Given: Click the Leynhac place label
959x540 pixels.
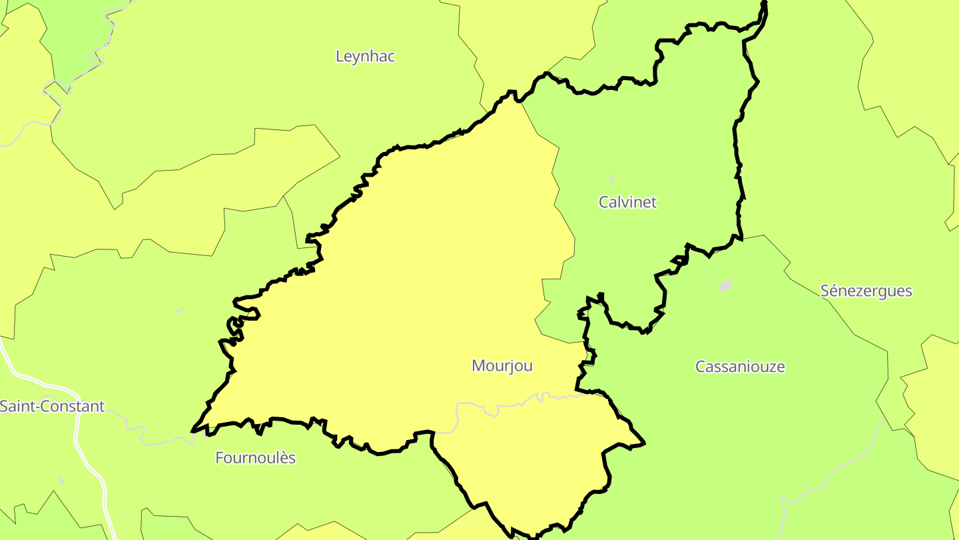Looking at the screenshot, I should (365, 57).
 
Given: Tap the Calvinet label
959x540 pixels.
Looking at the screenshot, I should (627, 202).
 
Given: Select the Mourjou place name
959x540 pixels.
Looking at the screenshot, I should (502, 366).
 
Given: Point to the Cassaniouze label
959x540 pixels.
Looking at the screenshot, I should (740, 367).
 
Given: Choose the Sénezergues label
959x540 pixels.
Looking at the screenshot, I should (866, 291).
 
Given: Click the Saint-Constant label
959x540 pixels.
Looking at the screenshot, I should (52, 407).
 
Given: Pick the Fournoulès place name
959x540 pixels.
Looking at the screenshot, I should (255, 458).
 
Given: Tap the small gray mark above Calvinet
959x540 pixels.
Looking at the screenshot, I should (612, 179).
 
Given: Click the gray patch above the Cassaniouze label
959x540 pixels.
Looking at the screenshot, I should (725, 285).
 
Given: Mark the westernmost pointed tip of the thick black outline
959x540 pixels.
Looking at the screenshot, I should (192, 431).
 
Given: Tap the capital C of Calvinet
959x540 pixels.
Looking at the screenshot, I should (604, 202).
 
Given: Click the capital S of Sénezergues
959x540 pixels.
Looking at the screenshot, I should (825, 291).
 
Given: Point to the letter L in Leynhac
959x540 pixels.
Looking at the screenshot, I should (340, 57).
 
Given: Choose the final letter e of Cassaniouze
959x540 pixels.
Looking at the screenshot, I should (781, 367).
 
